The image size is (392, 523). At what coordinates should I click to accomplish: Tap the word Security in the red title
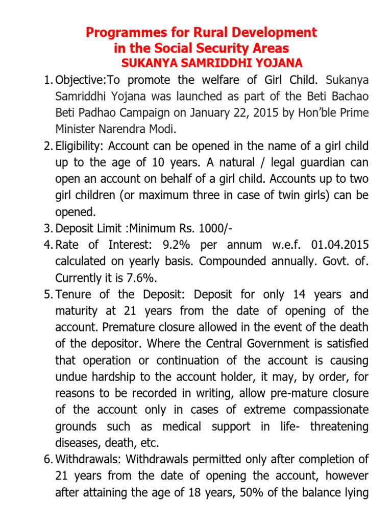click(219, 49)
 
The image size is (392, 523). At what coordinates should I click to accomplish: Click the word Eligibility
click(77, 146)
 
